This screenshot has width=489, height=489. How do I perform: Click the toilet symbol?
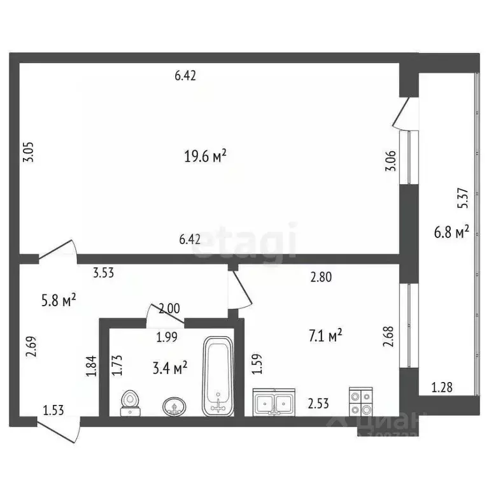pyautogui.click(x=131, y=402)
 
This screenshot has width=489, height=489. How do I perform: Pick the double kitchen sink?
pyautogui.click(x=274, y=402)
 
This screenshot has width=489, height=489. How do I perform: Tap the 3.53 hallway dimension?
pyautogui.click(x=105, y=274)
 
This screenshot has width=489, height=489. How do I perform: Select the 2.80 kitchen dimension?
pyautogui.click(x=322, y=277)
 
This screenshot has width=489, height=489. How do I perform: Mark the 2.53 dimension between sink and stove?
pyautogui.click(x=319, y=402)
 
